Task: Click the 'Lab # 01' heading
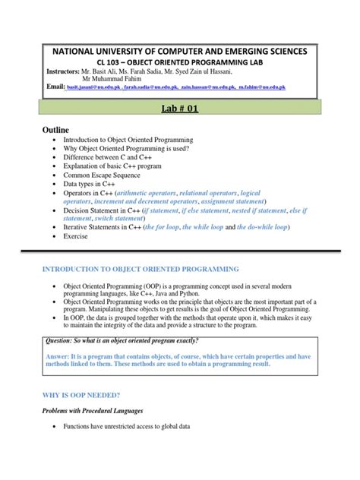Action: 180,109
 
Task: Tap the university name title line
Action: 179,51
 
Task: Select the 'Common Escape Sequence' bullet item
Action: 114,174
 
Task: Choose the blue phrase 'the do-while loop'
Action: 267,227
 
